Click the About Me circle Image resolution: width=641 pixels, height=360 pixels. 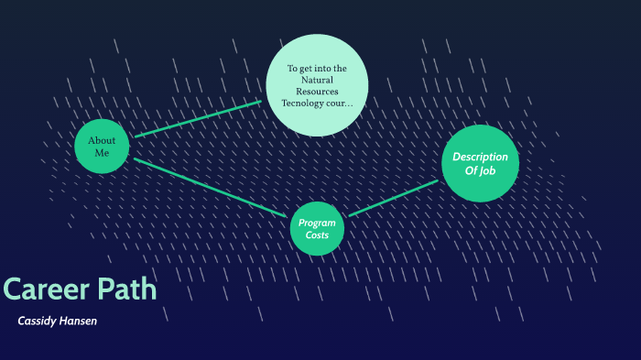pyautogui.click(x=102, y=147)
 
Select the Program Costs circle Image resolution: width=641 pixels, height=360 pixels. pyautogui.click(x=317, y=228)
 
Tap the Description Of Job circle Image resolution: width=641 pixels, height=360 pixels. pyautogui.click(x=480, y=163)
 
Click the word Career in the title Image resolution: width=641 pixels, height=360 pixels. pyautogui.click(x=41, y=289)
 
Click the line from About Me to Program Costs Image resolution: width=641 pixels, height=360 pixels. pyautogui.click(x=211, y=188)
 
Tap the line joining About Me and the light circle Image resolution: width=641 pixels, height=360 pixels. pyautogui.click(x=198, y=118)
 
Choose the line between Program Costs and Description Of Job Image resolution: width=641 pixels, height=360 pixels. pyautogui.click(x=394, y=198)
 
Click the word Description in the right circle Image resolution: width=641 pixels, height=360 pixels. pyautogui.click(x=481, y=157)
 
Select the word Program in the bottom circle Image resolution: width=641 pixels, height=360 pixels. pyautogui.click(x=317, y=223)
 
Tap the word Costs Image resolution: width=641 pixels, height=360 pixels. pyautogui.click(x=317, y=235)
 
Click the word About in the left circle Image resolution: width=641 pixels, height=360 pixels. pyautogui.click(x=102, y=140)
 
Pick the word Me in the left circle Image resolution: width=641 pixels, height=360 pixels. pyautogui.click(x=102, y=153)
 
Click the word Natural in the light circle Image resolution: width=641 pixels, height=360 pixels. pyautogui.click(x=317, y=80)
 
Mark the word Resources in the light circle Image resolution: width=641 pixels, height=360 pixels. pyautogui.click(x=317, y=92)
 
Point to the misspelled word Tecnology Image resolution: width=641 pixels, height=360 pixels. pyautogui.click(x=303, y=104)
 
